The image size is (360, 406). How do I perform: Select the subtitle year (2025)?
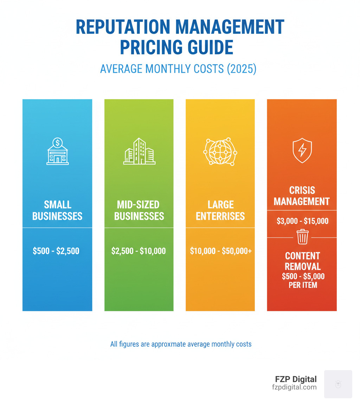point(241,69)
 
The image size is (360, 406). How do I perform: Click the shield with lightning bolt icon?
point(302,150)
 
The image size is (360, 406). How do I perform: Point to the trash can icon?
point(302,237)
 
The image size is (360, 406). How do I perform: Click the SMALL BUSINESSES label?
point(57,210)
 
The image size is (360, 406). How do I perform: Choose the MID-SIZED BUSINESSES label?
point(139,210)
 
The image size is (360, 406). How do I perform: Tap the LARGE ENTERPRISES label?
point(220,210)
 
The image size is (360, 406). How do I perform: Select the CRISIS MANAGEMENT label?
point(302,196)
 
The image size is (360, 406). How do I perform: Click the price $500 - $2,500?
point(56,251)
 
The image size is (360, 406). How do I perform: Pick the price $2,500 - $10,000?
point(139,251)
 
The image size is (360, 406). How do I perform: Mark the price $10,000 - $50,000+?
point(220,251)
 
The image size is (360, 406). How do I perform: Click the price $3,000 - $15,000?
point(302,221)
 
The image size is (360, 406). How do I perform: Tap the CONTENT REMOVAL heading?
point(302,261)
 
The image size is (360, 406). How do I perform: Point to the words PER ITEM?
point(303,285)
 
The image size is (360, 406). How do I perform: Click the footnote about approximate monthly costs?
point(181,344)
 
